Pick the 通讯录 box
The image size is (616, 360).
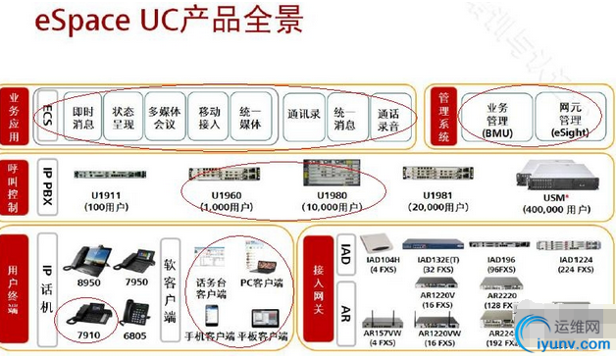[x=301, y=114]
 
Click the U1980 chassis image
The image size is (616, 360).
[x=332, y=174]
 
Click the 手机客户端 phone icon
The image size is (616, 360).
[x=212, y=318]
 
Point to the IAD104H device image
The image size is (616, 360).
[x=380, y=244]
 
